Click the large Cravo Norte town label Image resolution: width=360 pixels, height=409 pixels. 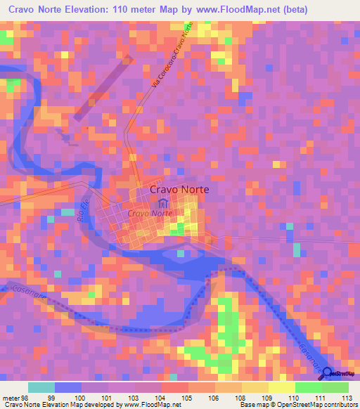tap(179, 189)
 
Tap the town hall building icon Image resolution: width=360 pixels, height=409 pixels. tap(163, 203)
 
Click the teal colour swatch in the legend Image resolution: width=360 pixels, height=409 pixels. tap(41, 387)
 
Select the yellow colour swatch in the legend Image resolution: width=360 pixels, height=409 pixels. tap(281, 387)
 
